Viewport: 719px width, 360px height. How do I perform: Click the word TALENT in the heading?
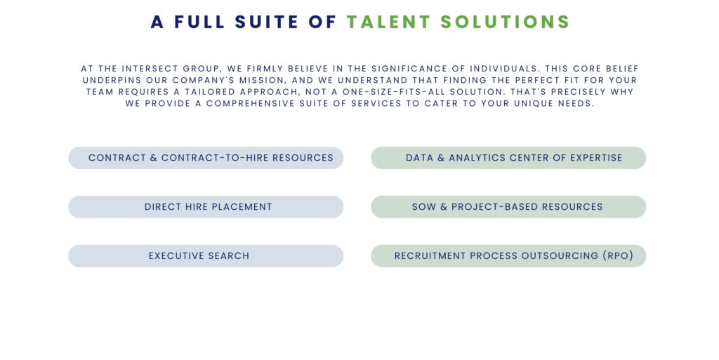tap(388, 22)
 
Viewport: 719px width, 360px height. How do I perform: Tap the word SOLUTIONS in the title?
tap(505, 22)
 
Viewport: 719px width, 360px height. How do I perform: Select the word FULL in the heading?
tap(199, 22)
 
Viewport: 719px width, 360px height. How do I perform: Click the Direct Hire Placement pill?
tap(206, 207)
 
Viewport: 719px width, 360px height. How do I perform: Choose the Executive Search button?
tap(206, 256)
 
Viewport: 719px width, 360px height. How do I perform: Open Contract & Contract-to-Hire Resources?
tap(206, 158)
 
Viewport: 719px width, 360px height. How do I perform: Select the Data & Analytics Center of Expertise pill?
tap(508, 158)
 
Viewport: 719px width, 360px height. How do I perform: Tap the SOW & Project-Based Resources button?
tap(508, 207)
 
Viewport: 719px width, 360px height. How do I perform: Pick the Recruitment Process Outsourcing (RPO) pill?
tap(508, 256)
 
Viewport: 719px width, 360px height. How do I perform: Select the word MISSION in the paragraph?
tap(263, 80)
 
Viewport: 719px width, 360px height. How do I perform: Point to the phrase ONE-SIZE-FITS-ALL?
tap(390, 92)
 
